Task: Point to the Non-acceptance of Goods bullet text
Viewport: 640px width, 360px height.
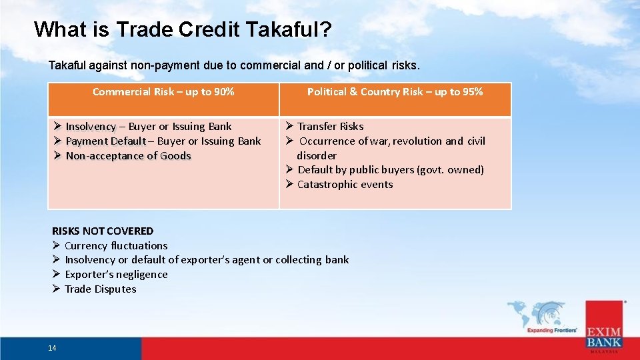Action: coord(128,156)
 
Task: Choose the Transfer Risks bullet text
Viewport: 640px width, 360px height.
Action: coord(330,127)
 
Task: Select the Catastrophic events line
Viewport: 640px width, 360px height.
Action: coord(345,185)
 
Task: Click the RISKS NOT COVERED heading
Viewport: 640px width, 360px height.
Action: coord(103,231)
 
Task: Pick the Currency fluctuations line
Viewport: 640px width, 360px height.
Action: coord(116,246)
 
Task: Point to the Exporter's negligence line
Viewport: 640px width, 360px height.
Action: coord(116,275)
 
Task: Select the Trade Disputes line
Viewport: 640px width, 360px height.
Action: coord(100,289)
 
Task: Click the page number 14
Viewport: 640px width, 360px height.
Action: coord(52,348)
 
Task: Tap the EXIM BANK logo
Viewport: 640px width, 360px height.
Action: coord(604,327)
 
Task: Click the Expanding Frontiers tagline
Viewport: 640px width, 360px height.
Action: coord(551,330)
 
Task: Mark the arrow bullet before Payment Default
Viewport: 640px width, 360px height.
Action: coord(58,141)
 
